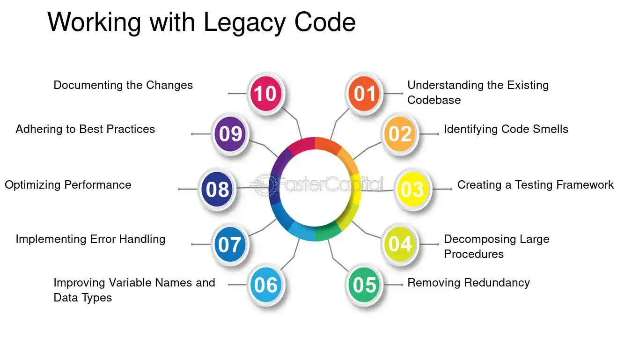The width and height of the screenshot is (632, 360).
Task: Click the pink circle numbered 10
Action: pos(265,93)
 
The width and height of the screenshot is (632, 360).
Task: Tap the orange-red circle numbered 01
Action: pos(364,93)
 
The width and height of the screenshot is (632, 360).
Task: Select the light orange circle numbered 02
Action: pos(400,134)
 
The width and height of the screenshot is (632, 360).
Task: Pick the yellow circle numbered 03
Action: pos(413,189)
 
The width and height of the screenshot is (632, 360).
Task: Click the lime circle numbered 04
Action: pos(400,244)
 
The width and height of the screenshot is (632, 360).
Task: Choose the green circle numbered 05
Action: pos(364,285)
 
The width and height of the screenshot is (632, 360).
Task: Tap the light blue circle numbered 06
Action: pos(265,285)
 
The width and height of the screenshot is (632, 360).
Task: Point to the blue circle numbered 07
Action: pos(230,244)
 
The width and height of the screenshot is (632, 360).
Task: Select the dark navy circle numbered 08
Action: pos(217,189)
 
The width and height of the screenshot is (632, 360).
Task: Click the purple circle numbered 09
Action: pos(230,134)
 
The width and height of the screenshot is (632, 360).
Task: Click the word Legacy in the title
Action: pos(244,23)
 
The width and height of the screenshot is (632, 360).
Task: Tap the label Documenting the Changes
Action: pos(123,85)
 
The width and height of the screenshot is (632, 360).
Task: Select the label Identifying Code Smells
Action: pos(506,129)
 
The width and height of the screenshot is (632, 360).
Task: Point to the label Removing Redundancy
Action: pos(469,283)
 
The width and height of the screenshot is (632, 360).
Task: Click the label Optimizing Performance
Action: pos(68,185)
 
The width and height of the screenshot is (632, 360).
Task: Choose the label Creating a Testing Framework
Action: pos(536,185)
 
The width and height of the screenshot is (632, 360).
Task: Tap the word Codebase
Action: pos(434,100)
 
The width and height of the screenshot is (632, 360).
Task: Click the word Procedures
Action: pos(474,254)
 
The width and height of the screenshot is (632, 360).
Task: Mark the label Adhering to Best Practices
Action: pos(85,129)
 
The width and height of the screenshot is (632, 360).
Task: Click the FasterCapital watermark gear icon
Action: pos(264,185)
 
